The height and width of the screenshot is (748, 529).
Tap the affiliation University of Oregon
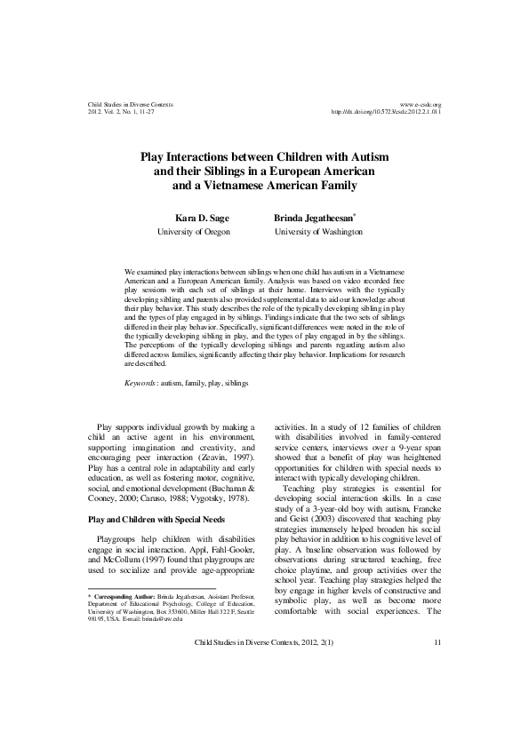coord(193,231)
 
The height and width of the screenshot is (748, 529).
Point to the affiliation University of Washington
coord(318,231)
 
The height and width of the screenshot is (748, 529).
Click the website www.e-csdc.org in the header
coord(421,105)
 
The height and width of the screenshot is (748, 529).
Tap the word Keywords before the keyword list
coord(143,382)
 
